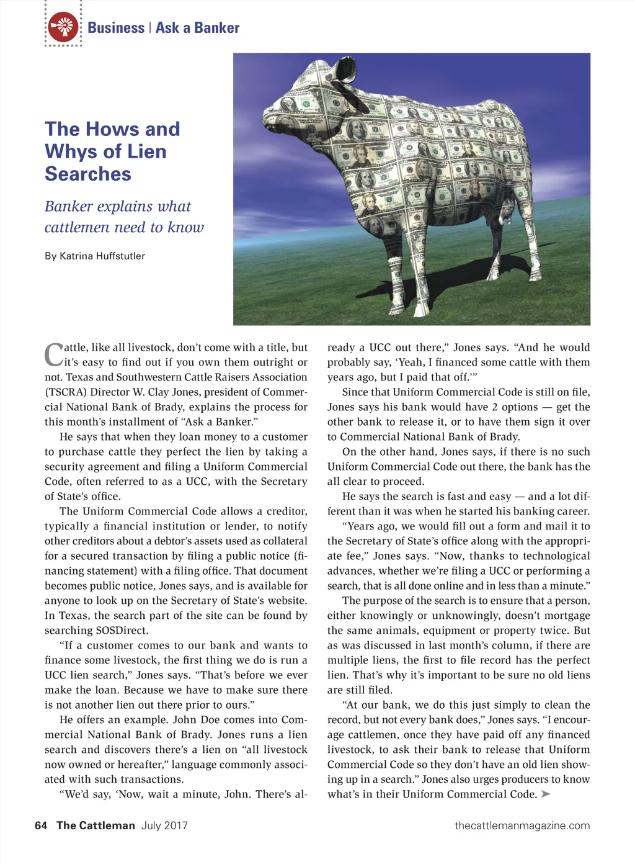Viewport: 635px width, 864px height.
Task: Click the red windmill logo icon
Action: [x=63, y=27]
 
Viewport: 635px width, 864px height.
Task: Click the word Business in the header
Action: [x=116, y=28]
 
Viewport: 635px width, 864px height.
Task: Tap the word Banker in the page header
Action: [x=216, y=28]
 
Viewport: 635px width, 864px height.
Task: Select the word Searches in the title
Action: [x=88, y=174]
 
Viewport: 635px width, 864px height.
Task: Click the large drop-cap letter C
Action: [x=53, y=355]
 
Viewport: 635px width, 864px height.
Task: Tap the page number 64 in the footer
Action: [x=41, y=826]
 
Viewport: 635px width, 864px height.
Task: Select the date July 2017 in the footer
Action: [x=164, y=826]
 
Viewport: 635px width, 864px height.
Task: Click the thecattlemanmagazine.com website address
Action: [x=522, y=826]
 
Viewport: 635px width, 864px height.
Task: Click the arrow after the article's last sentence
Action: [x=546, y=794]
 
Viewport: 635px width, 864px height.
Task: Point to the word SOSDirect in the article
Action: [x=122, y=630]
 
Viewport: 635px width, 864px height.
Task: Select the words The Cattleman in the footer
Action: [x=95, y=826]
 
